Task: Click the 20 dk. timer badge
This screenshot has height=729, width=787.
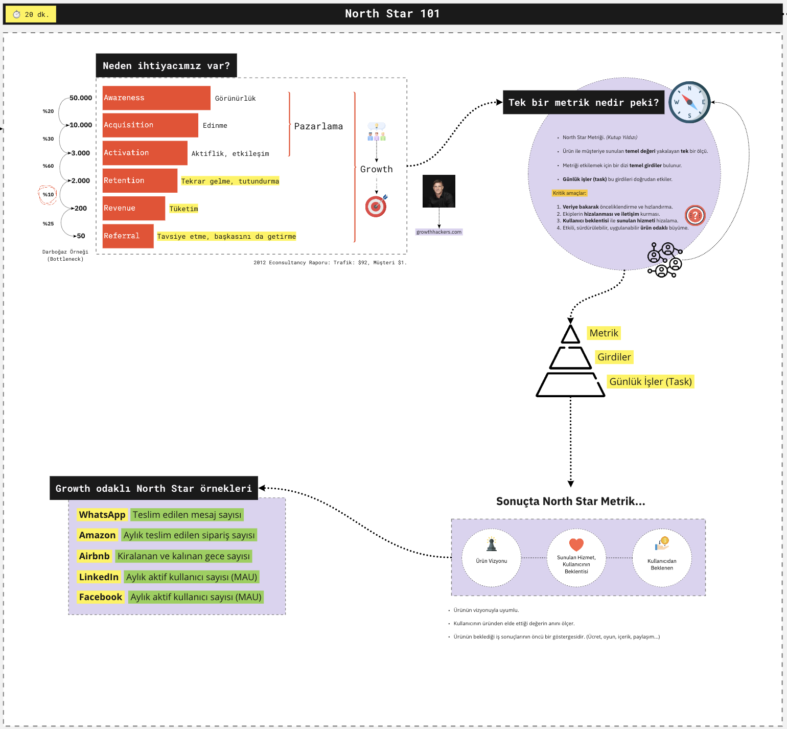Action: (x=31, y=14)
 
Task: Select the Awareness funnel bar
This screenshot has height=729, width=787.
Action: (x=156, y=98)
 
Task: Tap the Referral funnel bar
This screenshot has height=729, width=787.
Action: (x=128, y=236)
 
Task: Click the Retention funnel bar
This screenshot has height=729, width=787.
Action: (x=140, y=180)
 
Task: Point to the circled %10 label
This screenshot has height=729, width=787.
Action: (x=48, y=195)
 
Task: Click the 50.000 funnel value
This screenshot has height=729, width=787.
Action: (x=81, y=98)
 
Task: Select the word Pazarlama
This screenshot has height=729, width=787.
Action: (x=318, y=126)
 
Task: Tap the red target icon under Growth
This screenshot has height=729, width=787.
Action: (x=376, y=206)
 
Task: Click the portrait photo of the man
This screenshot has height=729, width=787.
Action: (x=438, y=191)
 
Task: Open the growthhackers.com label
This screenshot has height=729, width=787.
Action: (x=439, y=232)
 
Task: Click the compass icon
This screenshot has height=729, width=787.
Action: (x=689, y=102)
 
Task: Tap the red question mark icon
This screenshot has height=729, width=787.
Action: (x=695, y=215)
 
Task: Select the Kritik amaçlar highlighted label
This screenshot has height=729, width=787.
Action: (x=569, y=193)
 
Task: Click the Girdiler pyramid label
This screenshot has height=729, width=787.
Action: (x=614, y=357)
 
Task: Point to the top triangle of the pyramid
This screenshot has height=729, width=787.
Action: (x=570, y=335)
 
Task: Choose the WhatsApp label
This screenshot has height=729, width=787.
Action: (x=102, y=515)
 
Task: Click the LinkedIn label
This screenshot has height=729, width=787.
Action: (x=99, y=577)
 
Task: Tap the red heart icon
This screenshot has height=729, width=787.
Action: (x=576, y=545)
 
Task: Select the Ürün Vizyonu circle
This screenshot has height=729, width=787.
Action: (x=491, y=558)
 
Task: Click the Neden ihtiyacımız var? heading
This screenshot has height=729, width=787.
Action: (x=166, y=66)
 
